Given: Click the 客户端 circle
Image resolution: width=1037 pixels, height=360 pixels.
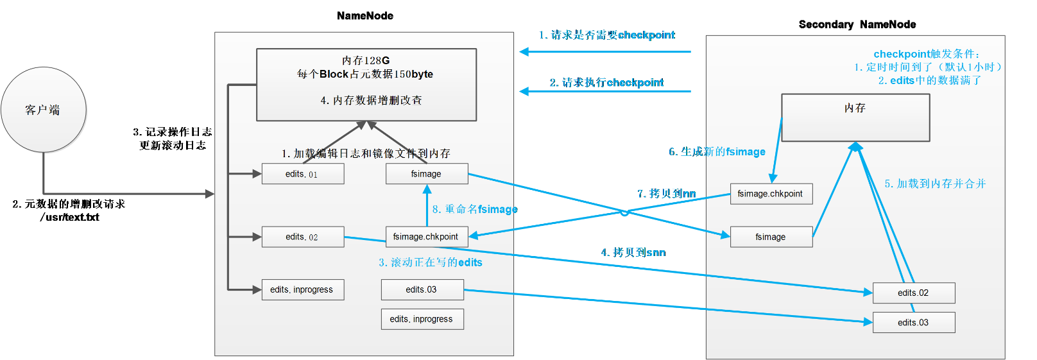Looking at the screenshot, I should (44, 110).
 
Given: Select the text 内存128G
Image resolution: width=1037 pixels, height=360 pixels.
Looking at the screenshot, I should (366, 60).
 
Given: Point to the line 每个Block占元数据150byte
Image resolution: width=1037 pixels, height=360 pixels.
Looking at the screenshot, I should (365, 74).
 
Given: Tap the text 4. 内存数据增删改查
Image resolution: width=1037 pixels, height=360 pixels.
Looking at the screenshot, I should (371, 100).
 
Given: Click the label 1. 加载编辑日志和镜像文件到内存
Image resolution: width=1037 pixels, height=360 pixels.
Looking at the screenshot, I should (366, 153).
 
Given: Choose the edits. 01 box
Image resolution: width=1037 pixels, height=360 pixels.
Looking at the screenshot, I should (302, 174).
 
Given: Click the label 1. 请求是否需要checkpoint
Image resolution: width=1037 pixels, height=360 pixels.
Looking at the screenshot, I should (606, 35).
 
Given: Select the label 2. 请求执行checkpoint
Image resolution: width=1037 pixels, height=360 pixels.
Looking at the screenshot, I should (606, 83).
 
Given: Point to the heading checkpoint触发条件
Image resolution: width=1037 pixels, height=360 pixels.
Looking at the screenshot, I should (927, 54).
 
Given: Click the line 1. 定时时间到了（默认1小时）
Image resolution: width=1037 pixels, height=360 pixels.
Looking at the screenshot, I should (928, 67).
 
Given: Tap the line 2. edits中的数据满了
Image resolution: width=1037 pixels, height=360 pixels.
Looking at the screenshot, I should (929, 80).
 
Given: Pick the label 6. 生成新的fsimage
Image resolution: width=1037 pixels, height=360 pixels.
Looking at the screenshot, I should (717, 151).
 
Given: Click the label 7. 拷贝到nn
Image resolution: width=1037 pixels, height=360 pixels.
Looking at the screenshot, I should (666, 193).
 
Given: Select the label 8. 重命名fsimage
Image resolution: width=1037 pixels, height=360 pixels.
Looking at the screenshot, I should (474, 209).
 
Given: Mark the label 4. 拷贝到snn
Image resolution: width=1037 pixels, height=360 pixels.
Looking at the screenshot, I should (633, 253).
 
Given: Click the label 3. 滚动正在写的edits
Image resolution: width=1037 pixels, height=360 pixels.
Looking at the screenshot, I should (430, 262).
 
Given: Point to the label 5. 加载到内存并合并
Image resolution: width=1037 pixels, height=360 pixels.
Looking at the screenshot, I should (935, 184).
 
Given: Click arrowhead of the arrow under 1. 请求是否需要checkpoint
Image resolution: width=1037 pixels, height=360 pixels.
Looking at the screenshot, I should (524, 52).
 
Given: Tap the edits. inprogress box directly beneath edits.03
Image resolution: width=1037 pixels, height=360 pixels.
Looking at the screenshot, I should (422, 319).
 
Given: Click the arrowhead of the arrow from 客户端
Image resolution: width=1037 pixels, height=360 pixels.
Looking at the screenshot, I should (210, 193).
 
